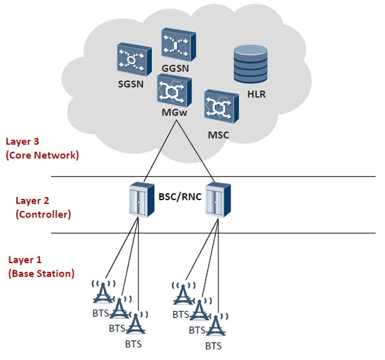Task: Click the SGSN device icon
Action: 134,60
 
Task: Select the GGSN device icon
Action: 179,44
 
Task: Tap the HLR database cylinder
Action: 250,64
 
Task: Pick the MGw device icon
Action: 175,90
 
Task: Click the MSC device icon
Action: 222,107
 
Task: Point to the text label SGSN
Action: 131,84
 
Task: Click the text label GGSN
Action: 175,68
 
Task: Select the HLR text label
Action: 256,94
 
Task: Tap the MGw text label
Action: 175,113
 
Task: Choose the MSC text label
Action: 218,135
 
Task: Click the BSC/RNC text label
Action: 180,197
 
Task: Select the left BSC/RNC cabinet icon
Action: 142,200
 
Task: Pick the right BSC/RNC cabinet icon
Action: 218,200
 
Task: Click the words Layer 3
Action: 23,141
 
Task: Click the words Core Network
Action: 42,155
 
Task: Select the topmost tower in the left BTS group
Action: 104,292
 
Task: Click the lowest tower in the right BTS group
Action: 216,325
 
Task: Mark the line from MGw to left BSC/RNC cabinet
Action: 160,150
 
